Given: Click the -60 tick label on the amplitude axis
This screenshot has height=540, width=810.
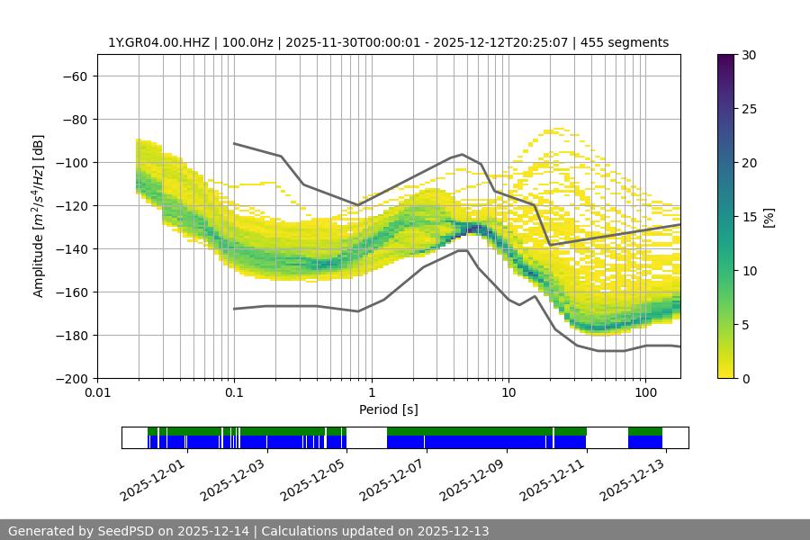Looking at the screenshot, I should click(x=74, y=76).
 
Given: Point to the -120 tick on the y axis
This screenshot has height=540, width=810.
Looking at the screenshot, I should click(x=71, y=205).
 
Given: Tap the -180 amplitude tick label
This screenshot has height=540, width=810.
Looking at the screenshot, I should click(x=71, y=335).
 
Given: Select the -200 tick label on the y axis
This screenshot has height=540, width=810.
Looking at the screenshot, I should click(x=71, y=378).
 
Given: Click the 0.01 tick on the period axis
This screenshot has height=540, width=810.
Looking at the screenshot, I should click(x=97, y=393).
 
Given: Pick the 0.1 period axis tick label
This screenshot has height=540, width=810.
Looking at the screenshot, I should click(x=234, y=393).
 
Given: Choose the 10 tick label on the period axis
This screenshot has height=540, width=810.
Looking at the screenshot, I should click(x=508, y=393).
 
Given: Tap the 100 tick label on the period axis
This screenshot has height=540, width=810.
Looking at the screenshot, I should click(x=645, y=393).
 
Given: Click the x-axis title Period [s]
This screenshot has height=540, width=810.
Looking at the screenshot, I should click(x=389, y=409).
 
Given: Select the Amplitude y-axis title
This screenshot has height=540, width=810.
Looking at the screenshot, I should click(x=39, y=216).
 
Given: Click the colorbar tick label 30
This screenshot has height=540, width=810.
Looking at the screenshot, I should click(x=749, y=55).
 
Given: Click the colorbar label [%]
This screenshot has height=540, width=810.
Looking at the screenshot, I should click(x=769, y=217).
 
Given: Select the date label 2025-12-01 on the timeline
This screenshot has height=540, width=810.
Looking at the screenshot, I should click(x=153, y=478).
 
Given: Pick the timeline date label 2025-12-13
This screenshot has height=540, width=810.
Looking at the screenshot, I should click(x=632, y=478).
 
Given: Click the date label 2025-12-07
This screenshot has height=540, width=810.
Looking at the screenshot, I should click(x=392, y=478).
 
